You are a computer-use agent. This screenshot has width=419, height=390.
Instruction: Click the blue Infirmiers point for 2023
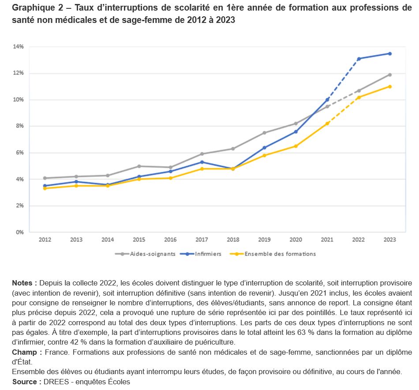[390, 54]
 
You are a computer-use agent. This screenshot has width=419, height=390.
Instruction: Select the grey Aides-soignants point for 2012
[45, 178]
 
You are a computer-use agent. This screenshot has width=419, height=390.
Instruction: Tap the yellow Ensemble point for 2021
[327, 124]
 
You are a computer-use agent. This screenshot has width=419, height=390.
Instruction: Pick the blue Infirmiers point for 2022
[359, 59]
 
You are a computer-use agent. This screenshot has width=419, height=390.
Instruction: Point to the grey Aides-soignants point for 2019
[264, 133]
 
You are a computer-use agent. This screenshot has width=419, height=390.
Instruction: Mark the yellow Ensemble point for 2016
[171, 178]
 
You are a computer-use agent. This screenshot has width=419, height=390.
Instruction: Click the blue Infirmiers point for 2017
[202, 162]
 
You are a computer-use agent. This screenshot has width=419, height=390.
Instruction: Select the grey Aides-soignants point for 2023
[390, 75]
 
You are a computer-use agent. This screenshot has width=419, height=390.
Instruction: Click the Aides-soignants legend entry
[145, 254]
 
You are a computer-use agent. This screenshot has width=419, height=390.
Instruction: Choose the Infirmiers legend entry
[201, 254]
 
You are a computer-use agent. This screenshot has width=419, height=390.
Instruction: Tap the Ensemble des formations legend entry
[273, 254]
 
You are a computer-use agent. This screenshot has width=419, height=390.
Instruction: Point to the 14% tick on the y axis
[18, 46]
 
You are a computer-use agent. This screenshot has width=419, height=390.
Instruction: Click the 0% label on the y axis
[20, 232]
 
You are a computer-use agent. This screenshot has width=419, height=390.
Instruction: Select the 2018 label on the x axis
[233, 240]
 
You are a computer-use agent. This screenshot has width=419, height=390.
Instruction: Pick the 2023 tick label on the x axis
[390, 240]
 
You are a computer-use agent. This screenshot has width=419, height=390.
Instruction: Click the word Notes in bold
[22, 283]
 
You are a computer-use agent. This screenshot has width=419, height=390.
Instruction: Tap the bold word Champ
[25, 352]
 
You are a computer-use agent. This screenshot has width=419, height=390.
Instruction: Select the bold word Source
[24, 382]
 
